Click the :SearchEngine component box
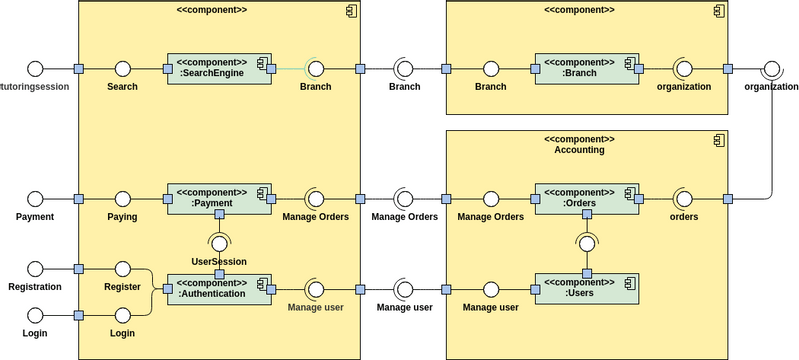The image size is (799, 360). coord(219,69)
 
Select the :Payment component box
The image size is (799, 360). coord(219,198)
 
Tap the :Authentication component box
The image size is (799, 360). coord(219,289)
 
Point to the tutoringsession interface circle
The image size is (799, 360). coord(35,69)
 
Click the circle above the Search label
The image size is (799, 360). coord(123,69)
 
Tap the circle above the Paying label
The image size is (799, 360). coord(123,198)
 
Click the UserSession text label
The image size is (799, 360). coord(218,261)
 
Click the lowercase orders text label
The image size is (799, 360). coord(684,216)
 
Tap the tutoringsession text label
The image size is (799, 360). coord(35,87)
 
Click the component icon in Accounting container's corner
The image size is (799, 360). coord(718,139)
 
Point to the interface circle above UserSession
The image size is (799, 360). coord(219,243)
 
